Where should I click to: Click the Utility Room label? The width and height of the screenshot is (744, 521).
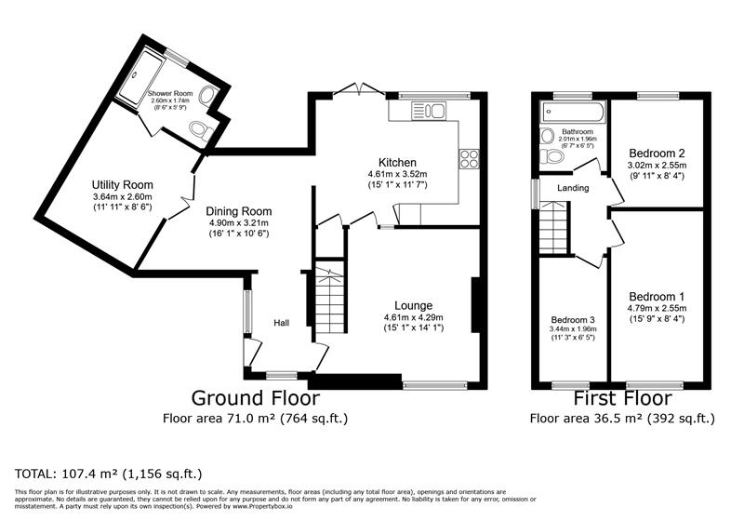pyautogui.click(x=123, y=184)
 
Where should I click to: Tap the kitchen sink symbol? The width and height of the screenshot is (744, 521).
pyautogui.click(x=429, y=112)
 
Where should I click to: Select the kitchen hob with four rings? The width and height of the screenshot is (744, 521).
pyautogui.click(x=469, y=158)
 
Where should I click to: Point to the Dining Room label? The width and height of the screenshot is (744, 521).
pyautogui.click(x=239, y=211)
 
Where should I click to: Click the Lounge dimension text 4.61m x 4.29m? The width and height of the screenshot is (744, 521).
pyautogui.click(x=414, y=317)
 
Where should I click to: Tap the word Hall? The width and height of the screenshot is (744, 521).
pyautogui.click(x=282, y=323)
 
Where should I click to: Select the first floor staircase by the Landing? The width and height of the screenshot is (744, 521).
pyautogui.click(x=553, y=228)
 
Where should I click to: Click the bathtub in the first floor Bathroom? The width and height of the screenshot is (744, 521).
pyautogui.click(x=573, y=112)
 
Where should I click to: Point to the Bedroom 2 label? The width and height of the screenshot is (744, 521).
pyautogui.click(x=657, y=154)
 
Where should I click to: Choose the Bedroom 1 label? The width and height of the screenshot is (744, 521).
pyautogui.click(x=657, y=297)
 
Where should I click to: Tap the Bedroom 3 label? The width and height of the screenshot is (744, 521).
pyautogui.click(x=573, y=320)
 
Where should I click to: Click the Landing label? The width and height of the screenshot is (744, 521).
pyautogui.click(x=573, y=188)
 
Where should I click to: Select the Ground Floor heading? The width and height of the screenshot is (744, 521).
pyautogui.click(x=255, y=397)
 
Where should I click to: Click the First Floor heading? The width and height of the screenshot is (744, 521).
pyautogui.click(x=622, y=397)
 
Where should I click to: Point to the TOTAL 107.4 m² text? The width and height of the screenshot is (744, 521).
pyautogui.click(x=109, y=474)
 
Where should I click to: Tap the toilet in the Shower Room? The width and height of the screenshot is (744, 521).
pyautogui.click(x=202, y=130)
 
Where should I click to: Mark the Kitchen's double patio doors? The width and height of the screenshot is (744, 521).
pyautogui.click(x=358, y=90)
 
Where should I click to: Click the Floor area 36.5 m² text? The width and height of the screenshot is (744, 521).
pyautogui.click(x=622, y=418)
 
